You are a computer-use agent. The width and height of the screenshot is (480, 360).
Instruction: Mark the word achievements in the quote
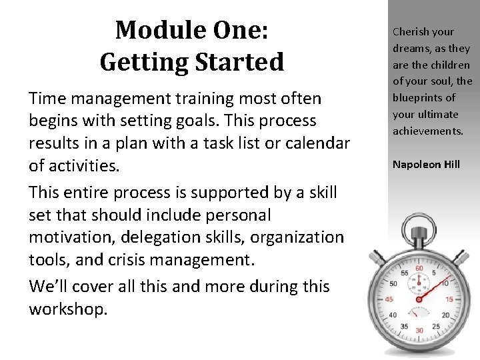(x=427, y=131)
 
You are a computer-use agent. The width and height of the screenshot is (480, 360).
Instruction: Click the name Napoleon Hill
(x=426, y=164)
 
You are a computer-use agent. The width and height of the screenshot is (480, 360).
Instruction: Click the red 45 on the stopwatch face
(x=389, y=300)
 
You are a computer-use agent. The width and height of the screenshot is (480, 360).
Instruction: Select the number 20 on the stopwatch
(x=445, y=315)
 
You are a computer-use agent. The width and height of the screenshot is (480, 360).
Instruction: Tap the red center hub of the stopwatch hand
(x=419, y=299)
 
